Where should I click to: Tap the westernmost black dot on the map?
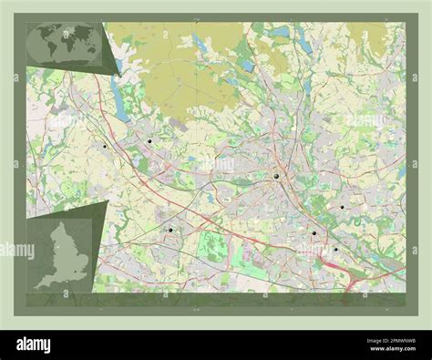tap(106, 147)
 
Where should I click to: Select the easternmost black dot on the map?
tap(342, 207)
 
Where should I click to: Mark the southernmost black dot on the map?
tap(334, 249)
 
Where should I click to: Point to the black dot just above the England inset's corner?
tap(170, 230)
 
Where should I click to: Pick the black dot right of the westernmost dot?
tap(149, 141)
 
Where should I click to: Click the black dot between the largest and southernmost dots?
tap(314, 233)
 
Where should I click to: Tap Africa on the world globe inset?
tap(63, 46)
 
